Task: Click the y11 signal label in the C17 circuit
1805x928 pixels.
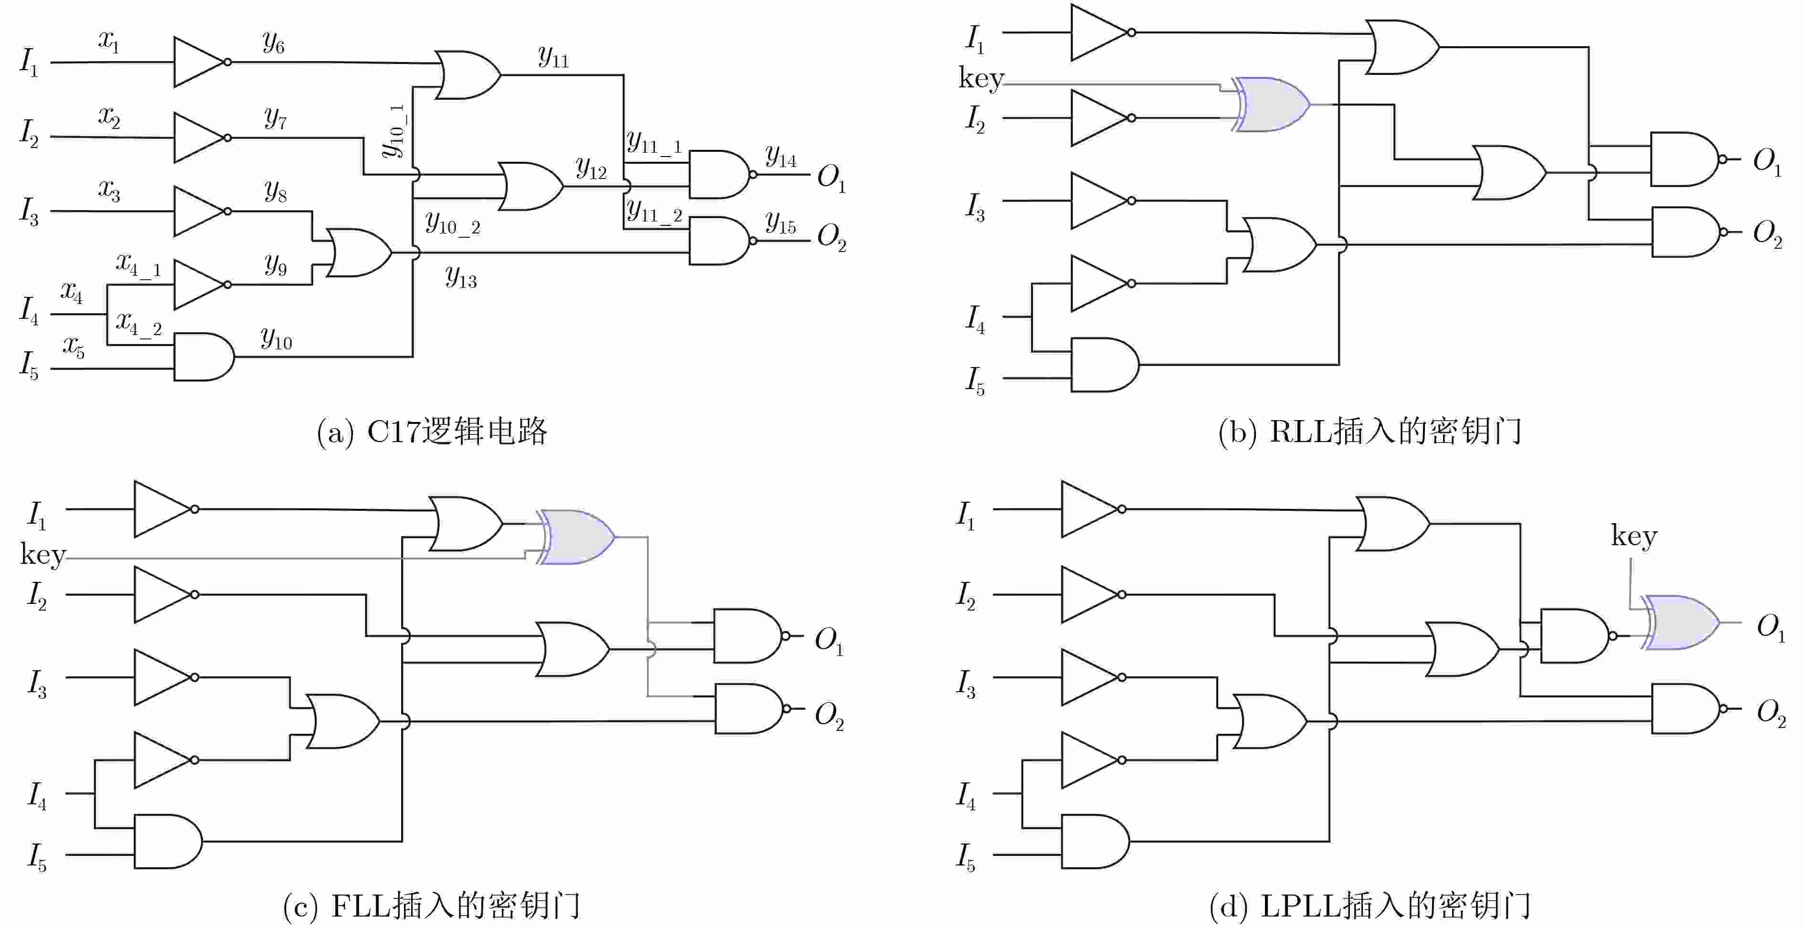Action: coord(553,56)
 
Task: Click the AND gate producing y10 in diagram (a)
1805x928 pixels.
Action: coord(204,357)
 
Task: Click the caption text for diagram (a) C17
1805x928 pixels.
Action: coord(432,431)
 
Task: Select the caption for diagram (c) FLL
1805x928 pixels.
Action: coord(432,905)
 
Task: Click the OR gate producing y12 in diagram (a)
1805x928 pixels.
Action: coord(531,186)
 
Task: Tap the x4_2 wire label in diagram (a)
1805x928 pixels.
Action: coord(139,323)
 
